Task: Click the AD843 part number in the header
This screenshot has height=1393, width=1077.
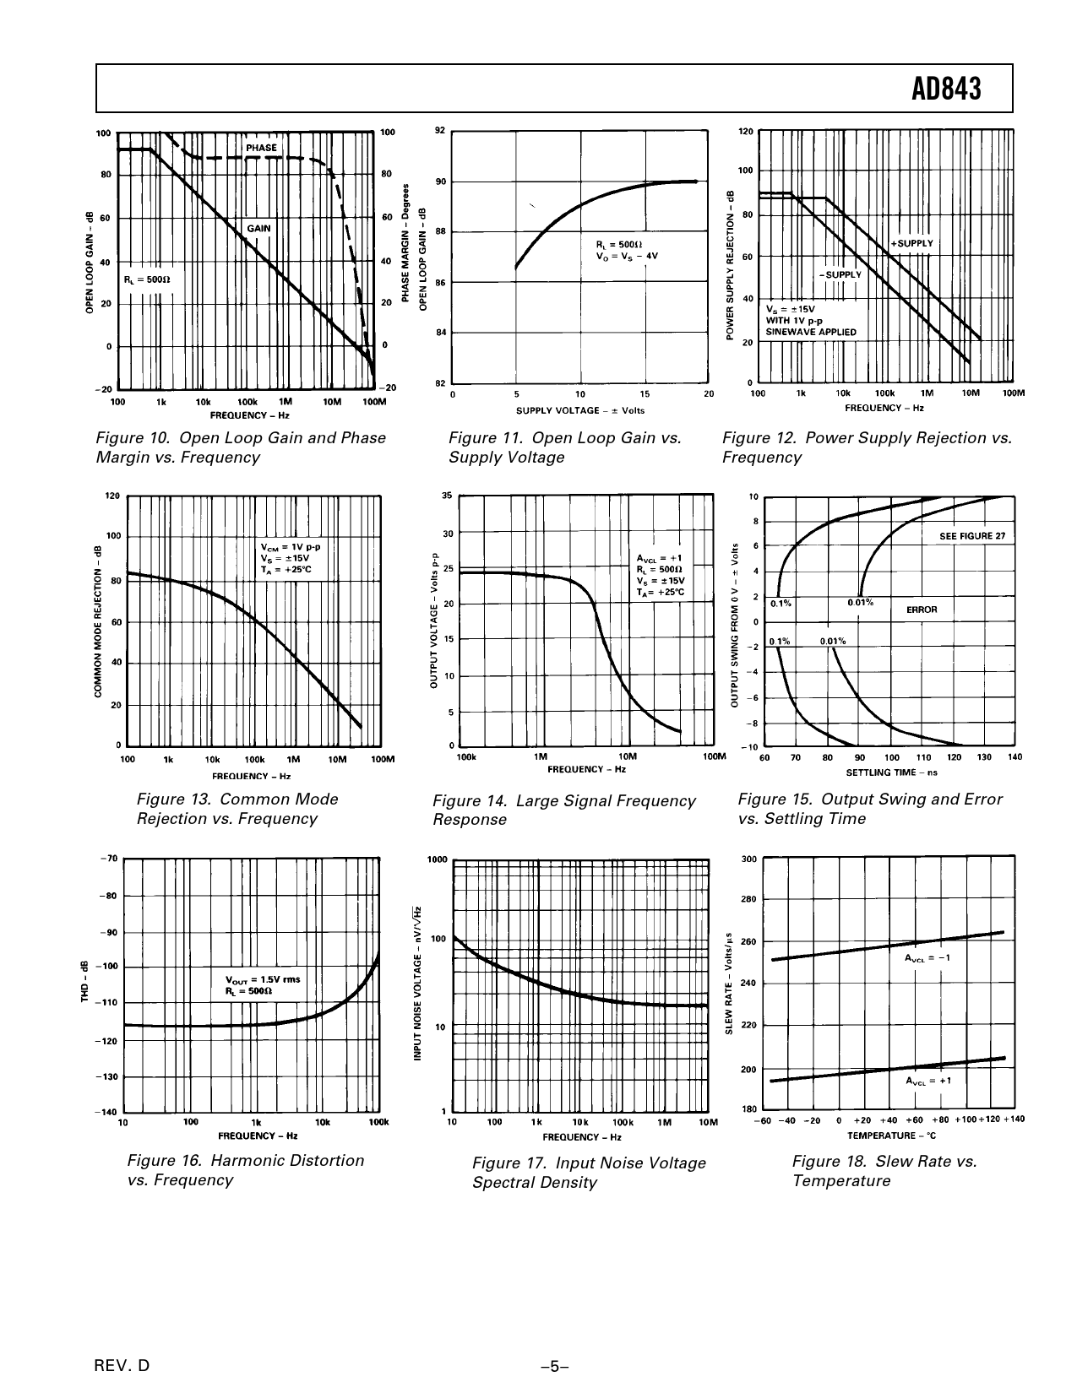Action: [946, 89]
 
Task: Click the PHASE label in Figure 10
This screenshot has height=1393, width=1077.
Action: [261, 148]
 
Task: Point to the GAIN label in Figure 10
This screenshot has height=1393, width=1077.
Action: [258, 228]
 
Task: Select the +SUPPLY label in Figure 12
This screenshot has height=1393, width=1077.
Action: [912, 243]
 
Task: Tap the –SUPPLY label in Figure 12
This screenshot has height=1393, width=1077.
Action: [839, 274]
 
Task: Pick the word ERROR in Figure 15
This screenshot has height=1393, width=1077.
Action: [922, 610]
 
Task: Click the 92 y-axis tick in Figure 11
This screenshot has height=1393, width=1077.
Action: [439, 131]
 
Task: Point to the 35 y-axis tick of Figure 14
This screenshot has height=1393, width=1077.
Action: [447, 496]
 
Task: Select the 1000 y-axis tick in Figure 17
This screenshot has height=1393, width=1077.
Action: [438, 860]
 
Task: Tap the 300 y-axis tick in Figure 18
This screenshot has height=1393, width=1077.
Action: [748, 859]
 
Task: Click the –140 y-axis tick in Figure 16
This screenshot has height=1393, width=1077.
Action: [108, 1112]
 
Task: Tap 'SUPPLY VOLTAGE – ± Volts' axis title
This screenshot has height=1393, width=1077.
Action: [580, 410]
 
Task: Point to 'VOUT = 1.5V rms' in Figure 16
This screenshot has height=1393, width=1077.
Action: [263, 979]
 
